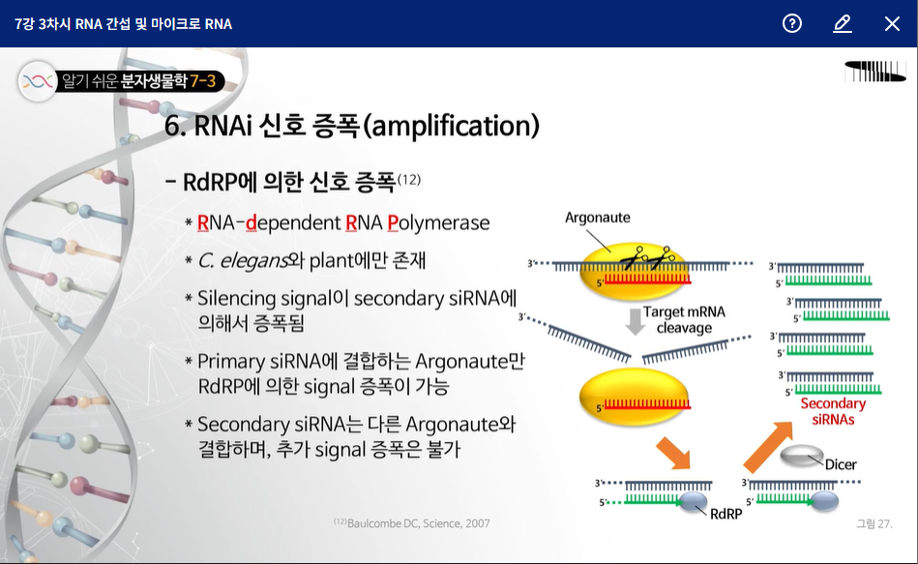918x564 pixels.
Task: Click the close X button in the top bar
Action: (x=892, y=23)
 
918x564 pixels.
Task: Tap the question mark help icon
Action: (x=792, y=23)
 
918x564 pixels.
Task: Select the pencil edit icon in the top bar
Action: (x=842, y=23)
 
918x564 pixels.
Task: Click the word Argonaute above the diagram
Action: (x=598, y=218)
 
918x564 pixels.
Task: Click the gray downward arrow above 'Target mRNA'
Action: (x=635, y=320)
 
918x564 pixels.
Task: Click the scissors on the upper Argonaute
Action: (x=646, y=258)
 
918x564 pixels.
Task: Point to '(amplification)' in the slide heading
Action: (x=454, y=126)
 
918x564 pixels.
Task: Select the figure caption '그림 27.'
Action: (x=874, y=523)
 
